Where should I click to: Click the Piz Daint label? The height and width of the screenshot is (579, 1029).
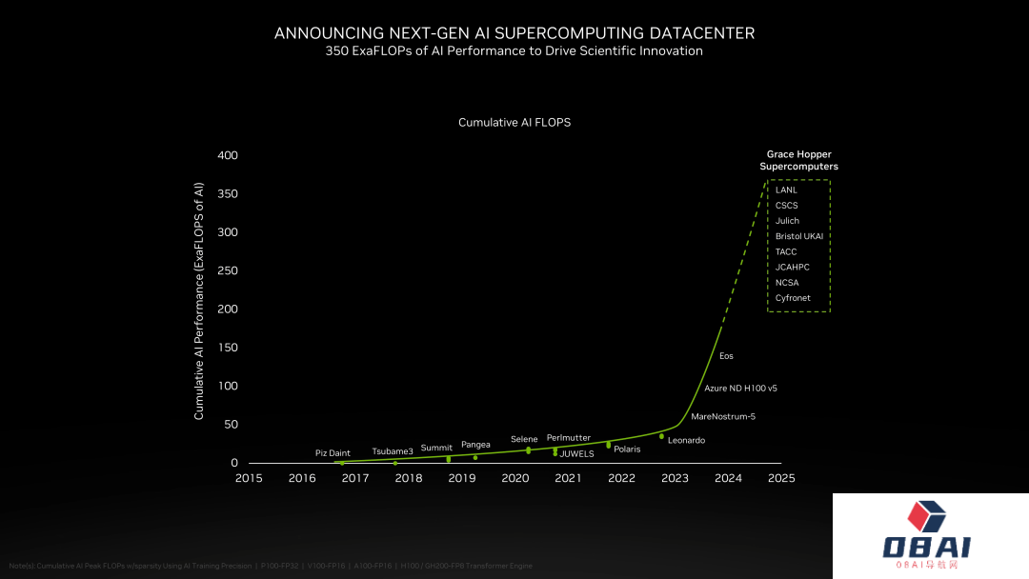(x=333, y=452)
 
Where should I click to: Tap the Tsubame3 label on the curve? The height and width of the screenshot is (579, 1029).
(x=393, y=450)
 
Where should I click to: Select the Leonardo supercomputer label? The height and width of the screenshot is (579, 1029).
(x=686, y=440)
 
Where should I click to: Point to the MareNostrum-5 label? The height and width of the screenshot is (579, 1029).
(x=723, y=416)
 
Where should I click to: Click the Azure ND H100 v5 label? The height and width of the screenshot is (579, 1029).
(x=740, y=388)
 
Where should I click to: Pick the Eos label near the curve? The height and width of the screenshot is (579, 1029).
(x=726, y=356)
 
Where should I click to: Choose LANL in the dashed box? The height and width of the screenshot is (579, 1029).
(x=786, y=190)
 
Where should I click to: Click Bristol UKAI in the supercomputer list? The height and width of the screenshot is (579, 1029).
(x=798, y=236)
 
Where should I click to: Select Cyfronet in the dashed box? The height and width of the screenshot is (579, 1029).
(x=793, y=298)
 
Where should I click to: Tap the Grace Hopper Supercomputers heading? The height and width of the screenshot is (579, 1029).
(x=798, y=160)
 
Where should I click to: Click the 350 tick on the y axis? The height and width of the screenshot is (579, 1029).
(x=226, y=194)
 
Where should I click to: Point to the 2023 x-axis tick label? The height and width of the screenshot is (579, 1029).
(x=675, y=478)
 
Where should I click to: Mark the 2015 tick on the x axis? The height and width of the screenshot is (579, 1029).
(x=249, y=478)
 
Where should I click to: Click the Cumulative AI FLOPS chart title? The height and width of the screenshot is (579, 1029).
(x=514, y=123)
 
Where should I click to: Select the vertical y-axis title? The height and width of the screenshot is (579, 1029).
(x=199, y=300)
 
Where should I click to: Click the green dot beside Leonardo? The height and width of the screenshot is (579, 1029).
(x=661, y=436)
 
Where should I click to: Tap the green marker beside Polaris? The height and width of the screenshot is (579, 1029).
(x=608, y=445)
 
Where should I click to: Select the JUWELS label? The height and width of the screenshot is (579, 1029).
(x=576, y=453)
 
